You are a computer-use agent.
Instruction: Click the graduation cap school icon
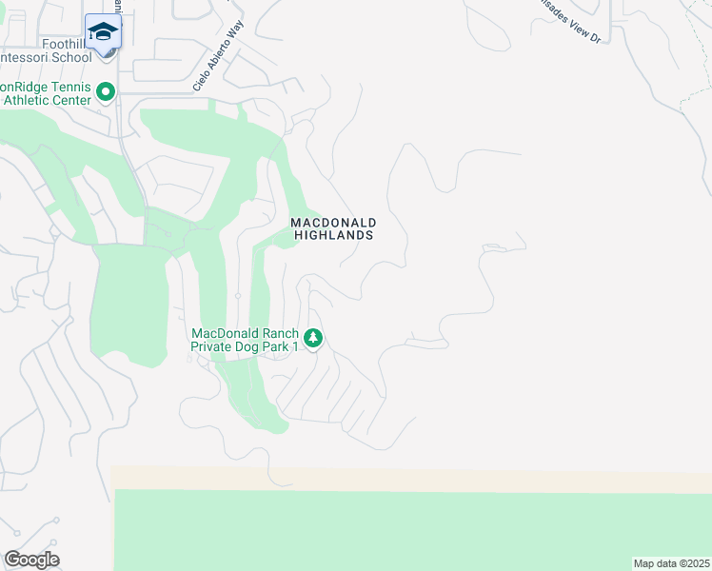[102, 32]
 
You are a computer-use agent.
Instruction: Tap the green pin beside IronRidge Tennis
[106, 92]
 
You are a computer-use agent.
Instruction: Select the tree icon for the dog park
[313, 338]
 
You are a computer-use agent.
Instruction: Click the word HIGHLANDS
[332, 234]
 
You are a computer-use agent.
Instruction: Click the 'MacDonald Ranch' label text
[244, 334]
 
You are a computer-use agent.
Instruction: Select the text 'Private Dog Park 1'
[244, 346]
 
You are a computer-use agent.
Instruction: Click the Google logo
[31, 560]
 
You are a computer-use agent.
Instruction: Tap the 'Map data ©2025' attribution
[671, 563]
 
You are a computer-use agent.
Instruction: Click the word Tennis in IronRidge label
[69, 87]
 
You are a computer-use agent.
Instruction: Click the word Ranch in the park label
[277, 334]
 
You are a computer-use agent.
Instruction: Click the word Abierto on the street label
[214, 68]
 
